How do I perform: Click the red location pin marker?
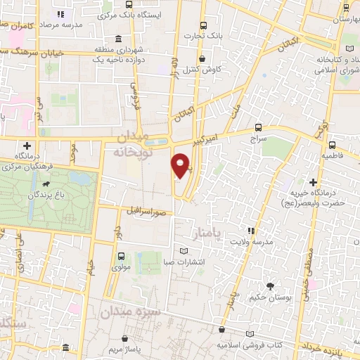181,165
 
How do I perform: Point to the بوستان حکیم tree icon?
270,285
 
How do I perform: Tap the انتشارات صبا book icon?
184,251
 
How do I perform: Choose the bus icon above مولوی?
121,257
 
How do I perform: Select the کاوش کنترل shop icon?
203,60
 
